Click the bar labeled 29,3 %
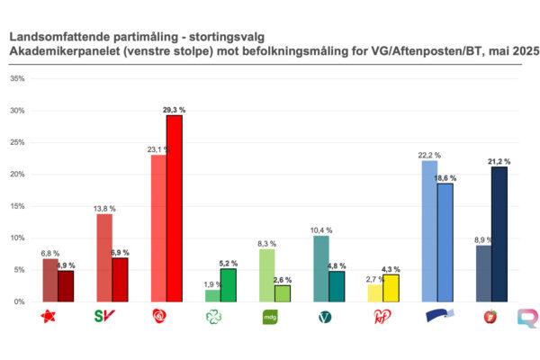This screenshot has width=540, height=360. click(x=174, y=209)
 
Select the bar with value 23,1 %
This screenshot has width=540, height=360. click(x=157, y=229)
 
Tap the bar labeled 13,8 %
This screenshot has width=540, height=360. click(x=104, y=257)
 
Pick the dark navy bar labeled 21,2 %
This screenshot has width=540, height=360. click(x=499, y=234)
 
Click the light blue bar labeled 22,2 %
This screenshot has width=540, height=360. click(x=429, y=231)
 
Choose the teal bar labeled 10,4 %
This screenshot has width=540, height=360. click(x=320, y=268)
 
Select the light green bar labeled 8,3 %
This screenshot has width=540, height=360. click(x=266, y=275)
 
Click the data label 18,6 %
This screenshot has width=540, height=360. click(x=445, y=178)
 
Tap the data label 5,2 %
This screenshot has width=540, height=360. click(x=229, y=263)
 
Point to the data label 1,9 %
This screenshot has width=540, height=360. click(x=212, y=283)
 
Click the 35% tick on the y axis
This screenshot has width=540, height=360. click(x=17, y=79)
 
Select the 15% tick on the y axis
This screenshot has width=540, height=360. click(x=17, y=206)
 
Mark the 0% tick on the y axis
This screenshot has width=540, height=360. click(x=20, y=301)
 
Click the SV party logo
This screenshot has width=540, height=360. click(x=104, y=316)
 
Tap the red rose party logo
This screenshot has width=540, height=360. click(x=160, y=316)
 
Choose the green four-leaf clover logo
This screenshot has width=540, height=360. click(x=213, y=316)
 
